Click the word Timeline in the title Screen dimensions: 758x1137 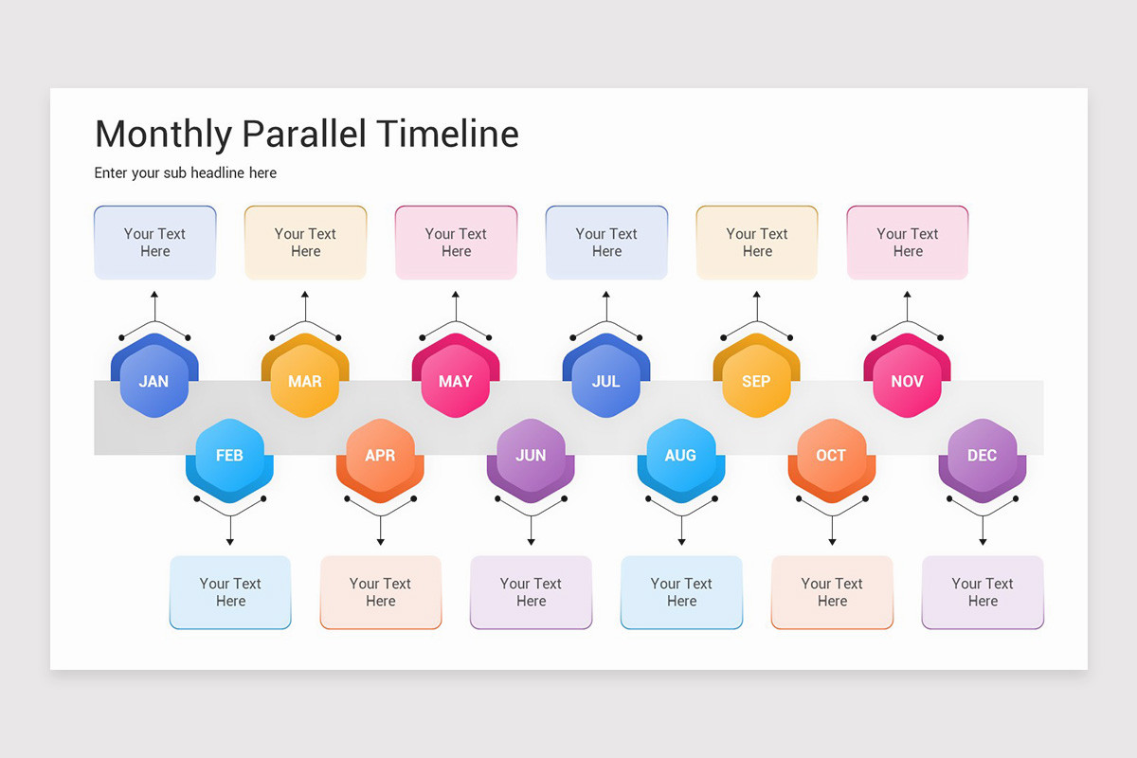click(x=447, y=134)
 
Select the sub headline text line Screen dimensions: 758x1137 click(x=186, y=173)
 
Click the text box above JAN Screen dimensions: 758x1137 click(x=155, y=243)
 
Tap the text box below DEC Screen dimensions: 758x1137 click(x=983, y=592)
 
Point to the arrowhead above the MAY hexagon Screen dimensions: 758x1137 click(x=456, y=295)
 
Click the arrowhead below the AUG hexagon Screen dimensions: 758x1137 click(x=681, y=542)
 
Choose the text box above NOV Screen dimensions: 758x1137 click(x=908, y=243)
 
